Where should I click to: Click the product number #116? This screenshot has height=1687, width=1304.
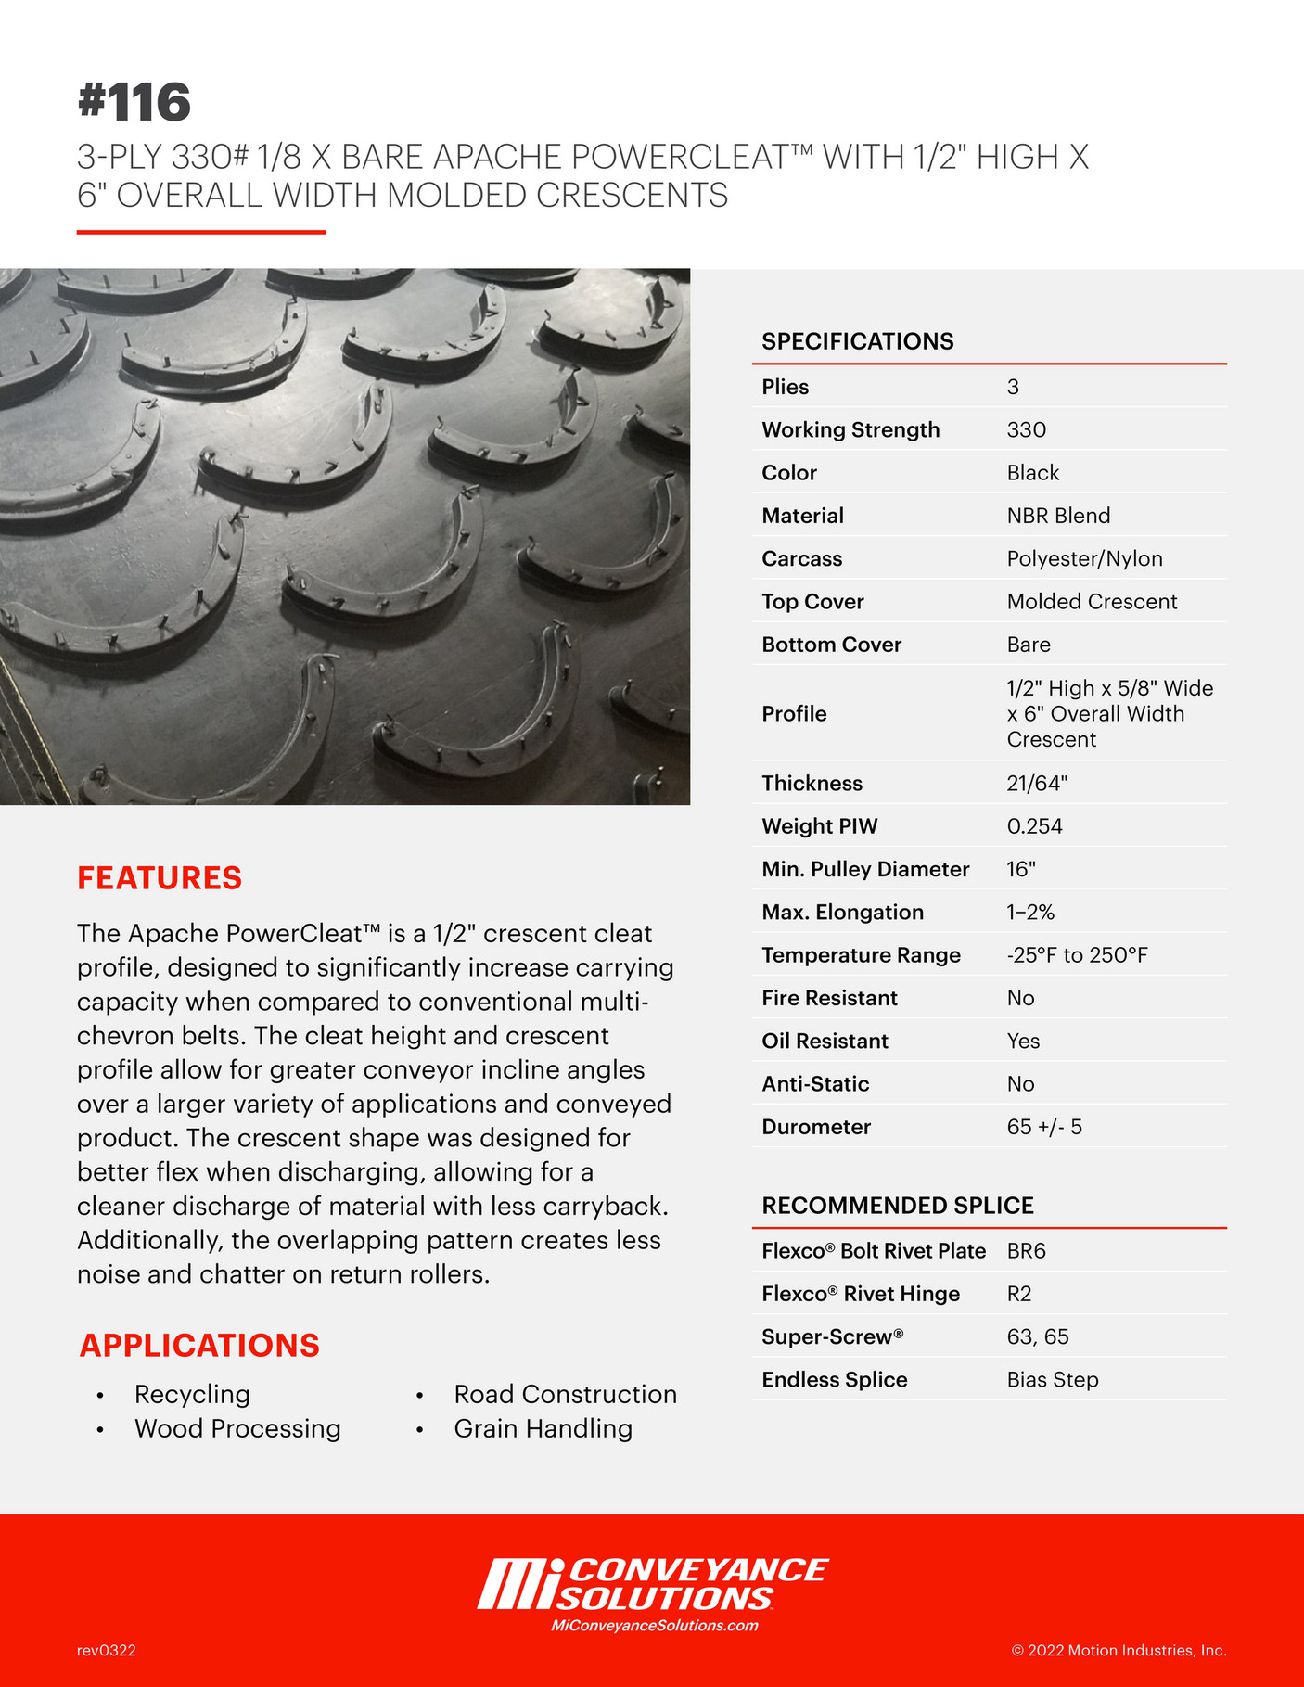pyautogui.click(x=134, y=102)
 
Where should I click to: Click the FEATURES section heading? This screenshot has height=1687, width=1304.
pyautogui.click(x=160, y=877)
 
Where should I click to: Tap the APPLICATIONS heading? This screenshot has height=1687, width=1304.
pyautogui.click(x=199, y=1345)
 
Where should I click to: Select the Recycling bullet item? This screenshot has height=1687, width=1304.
pyautogui.click(x=192, y=1394)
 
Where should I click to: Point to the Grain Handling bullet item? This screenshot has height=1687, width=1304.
pyautogui.click(x=543, y=1428)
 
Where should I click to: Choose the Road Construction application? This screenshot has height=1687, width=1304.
pyautogui.click(x=565, y=1394)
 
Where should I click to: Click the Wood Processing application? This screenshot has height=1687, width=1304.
pyautogui.click(x=237, y=1428)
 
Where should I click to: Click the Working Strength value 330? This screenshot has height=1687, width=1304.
pyautogui.click(x=1027, y=429)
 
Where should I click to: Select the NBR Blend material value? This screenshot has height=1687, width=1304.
pyautogui.click(x=1058, y=516)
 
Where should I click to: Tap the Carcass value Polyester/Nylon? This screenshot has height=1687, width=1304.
pyautogui.click(x=1084, y=558)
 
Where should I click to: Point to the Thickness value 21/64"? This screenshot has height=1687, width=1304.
pyautogui.click(x=1037, y=783)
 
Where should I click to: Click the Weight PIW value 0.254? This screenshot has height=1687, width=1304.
pyautogui.click(x=1034, y=826)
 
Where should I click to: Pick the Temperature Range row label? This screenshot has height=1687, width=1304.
pyautogui.click(x=861, y=955)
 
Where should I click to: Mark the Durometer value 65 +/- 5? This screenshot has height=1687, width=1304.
pyautogui.click(x=1044, y=1127)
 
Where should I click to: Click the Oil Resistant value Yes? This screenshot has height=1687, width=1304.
pyautogui.click(x=1023, y=1041)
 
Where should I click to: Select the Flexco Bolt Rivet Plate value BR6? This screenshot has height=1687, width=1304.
pyautogui.click(x=1026, y=1251)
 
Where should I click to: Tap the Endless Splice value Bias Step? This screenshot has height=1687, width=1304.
pyautogui.click(x=1053, y=1380)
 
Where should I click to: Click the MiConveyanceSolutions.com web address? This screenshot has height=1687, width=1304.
pyautogui.click(x=654, y=1626)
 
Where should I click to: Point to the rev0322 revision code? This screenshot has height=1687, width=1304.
pyautogui.click(x=107, y=1651)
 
